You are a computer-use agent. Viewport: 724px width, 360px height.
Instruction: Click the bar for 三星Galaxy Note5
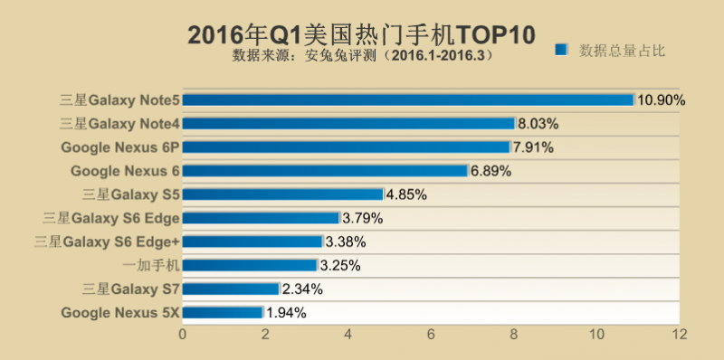(x=408, y=99)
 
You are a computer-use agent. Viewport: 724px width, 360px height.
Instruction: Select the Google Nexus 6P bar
(x=347, y=147)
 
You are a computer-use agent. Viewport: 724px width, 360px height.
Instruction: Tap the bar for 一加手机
(x=250, y=265)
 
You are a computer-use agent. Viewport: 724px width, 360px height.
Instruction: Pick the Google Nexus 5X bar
(x=223, y=312)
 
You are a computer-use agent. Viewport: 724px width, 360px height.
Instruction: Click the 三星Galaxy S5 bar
(x=283, y=194)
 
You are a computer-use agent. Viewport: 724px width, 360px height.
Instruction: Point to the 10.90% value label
(x=662, y=99)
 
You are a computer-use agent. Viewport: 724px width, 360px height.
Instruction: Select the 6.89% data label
(x=491, y=171)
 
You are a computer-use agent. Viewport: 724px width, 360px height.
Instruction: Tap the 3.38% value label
(x=345, y=242)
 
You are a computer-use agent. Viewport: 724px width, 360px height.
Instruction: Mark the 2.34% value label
(x=302, y=289)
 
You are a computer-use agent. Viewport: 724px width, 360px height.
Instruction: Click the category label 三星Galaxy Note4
(x=119, y=123)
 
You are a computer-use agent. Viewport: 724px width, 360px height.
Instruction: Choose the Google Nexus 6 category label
(x=120, y=171)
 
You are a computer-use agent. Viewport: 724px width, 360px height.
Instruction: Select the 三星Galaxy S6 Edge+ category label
(x=107, y=242)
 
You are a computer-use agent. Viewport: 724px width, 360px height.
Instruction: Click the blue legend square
(x=562, y=51)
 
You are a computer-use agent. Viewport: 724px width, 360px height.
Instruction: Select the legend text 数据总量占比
(x=623, y=51)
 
